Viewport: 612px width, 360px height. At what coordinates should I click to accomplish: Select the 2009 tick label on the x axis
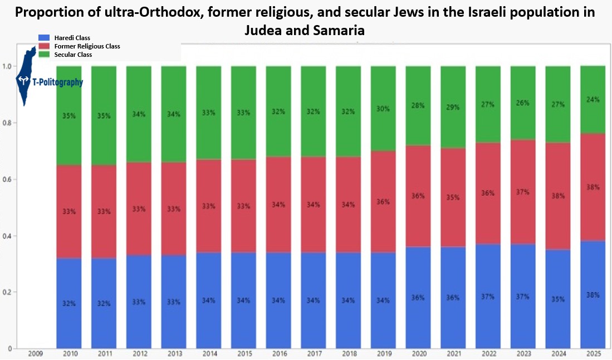[35, 353]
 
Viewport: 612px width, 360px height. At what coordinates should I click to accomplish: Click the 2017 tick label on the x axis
[315, 353]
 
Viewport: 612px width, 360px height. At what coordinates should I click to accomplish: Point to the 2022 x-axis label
[489, 353]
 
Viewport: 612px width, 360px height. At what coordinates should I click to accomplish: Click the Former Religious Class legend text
[87, 46]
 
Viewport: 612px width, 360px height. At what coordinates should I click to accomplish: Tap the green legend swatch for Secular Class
[44, 55]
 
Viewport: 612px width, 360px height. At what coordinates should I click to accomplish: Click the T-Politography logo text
[58, 82]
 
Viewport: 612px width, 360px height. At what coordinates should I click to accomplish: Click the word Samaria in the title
[339, 30]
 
